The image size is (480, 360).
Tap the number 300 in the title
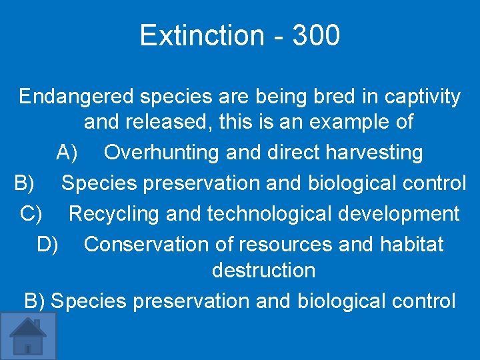(315, 35)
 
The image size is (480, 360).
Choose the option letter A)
(68, 153)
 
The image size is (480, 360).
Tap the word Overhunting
(162, 153)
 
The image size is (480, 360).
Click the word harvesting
(374, 153)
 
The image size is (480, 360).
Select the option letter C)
(32, 214)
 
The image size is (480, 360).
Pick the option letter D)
(48, 245)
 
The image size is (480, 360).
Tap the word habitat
(411, 245)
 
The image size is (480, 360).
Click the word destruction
(263, 271)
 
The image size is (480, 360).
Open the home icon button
(28, 336)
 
